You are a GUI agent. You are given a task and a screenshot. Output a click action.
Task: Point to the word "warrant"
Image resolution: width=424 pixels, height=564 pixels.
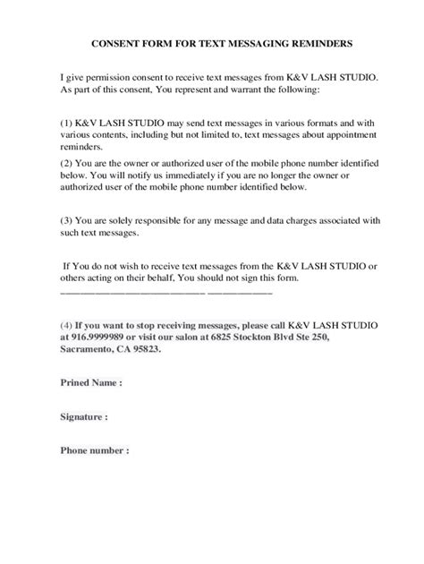(x=248, y=90)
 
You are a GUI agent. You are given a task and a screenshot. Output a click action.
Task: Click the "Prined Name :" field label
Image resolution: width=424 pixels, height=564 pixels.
(x=90, y=382)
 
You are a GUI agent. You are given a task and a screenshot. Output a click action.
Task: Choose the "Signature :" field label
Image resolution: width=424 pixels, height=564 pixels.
(x=84, y=416)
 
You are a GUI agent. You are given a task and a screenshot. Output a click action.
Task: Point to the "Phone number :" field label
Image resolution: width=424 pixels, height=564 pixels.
(x=94, y=450)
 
